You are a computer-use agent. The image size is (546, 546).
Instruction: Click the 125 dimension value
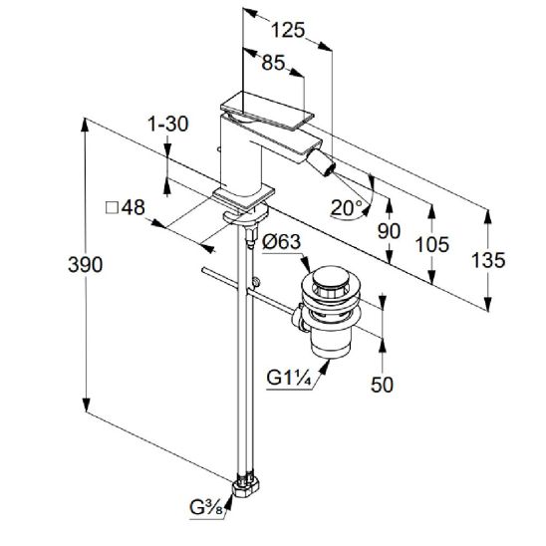[x=288, y=30]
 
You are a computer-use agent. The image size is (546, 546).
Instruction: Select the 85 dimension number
[x=273, y=63]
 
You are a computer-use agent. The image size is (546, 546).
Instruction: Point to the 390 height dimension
[x=86, y=265]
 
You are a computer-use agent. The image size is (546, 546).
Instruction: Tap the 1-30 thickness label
[x=168, y=124]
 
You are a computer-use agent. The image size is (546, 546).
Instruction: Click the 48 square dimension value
[x=134, y=207]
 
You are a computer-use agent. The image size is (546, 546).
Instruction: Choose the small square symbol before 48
[x=113, y=208]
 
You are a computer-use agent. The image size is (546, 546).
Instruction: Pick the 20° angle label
[x=347, y=208]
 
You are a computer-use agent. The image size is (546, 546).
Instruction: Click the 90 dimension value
[x=389, y=231]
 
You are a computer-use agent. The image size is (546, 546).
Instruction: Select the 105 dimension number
[x=432, y=244]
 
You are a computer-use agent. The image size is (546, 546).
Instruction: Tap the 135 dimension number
[x=488, y=260]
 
